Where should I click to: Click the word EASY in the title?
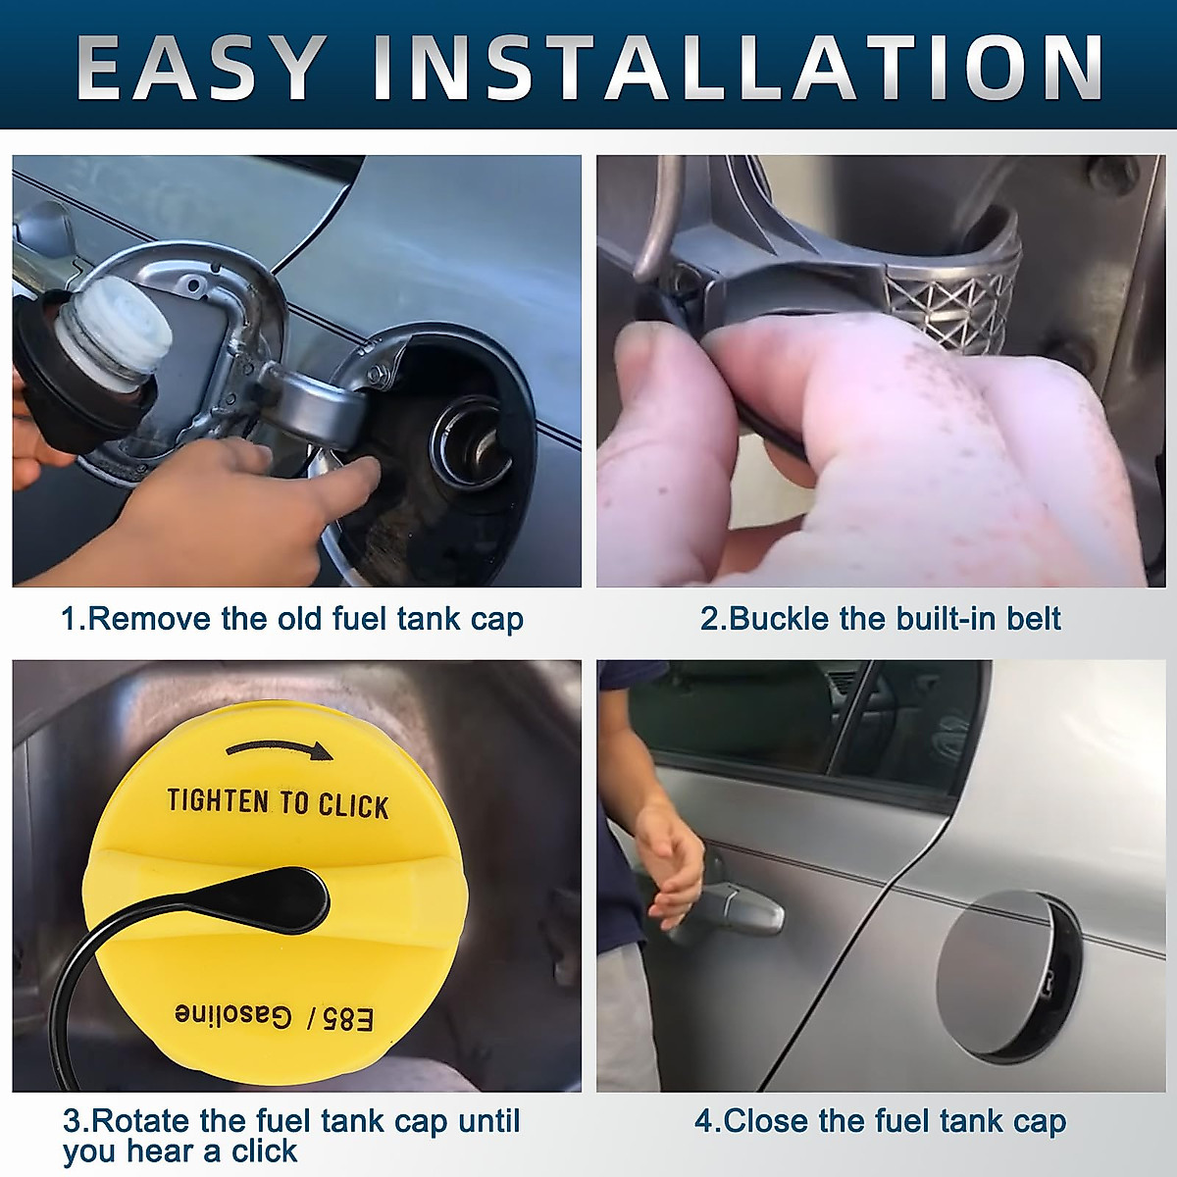click(x=200, y=68)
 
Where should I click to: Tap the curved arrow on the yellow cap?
click(x=281, y=750)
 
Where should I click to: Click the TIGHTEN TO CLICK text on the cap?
click(x=278, y=803)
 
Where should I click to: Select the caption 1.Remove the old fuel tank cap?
click(x=292, y=619)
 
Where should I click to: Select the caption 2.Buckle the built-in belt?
click(x=880, y=619)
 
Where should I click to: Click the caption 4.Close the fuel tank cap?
click(x=880, y=1121)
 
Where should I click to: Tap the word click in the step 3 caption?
click(x=264, y=1151)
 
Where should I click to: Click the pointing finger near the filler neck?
click(x=353, y=481)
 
